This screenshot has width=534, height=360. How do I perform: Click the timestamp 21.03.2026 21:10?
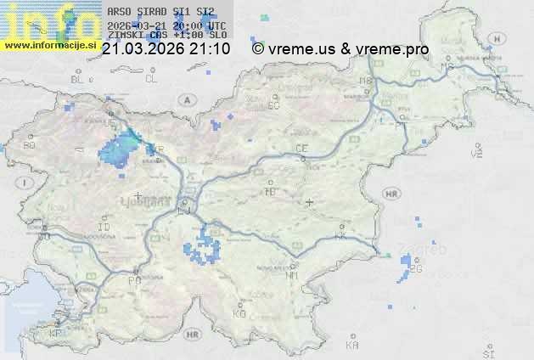(x=166, y=49)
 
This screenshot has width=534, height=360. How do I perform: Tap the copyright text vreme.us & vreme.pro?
(x=340, y=49)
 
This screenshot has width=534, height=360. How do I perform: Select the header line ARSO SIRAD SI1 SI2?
(x=156, y=12)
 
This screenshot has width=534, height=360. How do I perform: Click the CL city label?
(x=151, y=78)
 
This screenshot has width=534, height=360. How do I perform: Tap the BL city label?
(x=79, y=79)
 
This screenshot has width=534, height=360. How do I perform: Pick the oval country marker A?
(x=185, y=99)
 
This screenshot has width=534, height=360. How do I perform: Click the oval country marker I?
(x=26, y=183)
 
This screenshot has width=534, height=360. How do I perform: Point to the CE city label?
(x=301, y=148)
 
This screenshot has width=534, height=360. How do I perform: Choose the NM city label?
(x=293, y=275)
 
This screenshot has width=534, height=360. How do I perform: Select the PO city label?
(x=132, y=279)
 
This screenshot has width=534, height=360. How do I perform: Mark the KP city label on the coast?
(x=56, y=334)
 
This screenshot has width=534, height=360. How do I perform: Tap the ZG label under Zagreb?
(x=415, y=269)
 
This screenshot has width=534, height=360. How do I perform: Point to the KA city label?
(x=353, y=345)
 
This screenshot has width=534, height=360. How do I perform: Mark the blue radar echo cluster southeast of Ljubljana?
(x=201, y=247)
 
